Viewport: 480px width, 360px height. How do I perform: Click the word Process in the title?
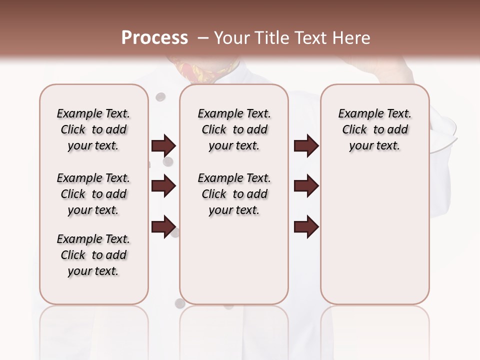[154, 38]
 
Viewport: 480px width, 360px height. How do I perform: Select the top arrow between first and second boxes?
[163, 146]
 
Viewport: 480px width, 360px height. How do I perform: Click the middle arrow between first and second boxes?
[163, 186]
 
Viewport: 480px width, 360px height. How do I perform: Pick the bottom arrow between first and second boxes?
[163, 226]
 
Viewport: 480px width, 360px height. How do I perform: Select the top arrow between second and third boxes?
[306, 146]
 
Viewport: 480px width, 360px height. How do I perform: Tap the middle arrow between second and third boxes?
[306, 186]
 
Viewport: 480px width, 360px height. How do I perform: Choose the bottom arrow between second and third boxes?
[306, 226]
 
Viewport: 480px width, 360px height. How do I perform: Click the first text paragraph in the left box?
[93, 129]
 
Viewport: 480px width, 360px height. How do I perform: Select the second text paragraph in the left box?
[93, 194]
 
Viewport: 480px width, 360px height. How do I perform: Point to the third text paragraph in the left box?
[93, 255]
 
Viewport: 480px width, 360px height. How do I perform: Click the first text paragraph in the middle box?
[234, 129]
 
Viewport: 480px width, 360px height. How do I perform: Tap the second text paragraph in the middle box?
[234, 194]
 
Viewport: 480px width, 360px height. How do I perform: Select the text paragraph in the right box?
[374, 129]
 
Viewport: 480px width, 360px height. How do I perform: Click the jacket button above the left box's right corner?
[160, 96]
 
